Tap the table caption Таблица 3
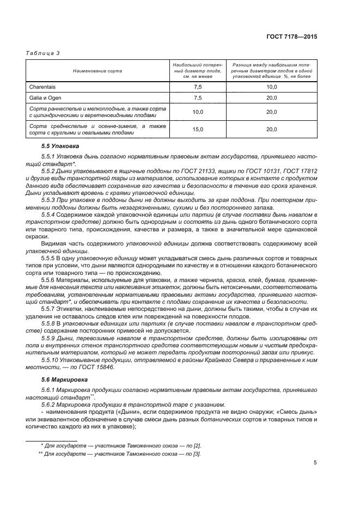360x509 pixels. pyautogui.click(x=42, y=52)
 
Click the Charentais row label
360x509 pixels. pyautogui.click(x=42, y=87)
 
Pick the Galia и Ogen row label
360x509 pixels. pyautogui.click(x=45, y=98)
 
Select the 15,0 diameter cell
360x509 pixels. pyautogui.click(x=198, y=129)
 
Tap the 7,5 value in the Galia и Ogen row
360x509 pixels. pyautogui.click(x=198, y=98)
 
